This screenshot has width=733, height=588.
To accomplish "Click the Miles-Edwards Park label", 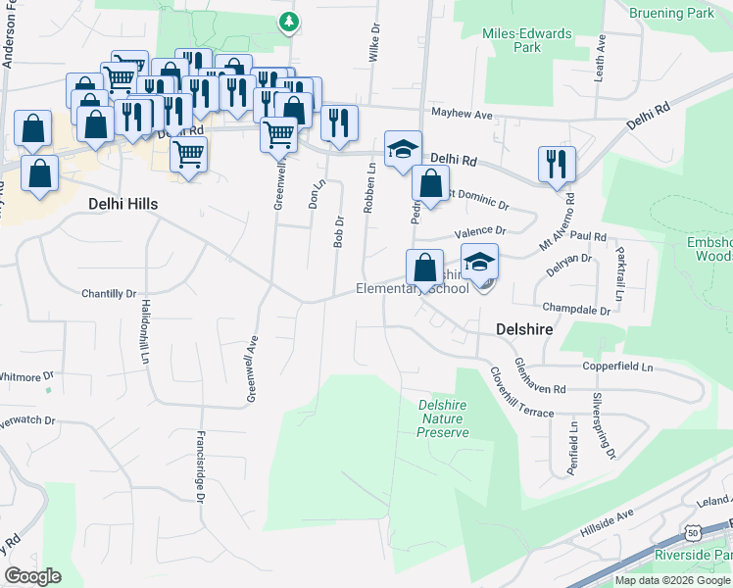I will [x=526, y=40].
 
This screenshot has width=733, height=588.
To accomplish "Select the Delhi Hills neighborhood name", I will [x=122, y=204].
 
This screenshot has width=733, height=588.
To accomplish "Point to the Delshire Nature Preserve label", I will [x=442, y=418].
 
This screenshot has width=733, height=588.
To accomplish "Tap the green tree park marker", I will [x=287, y=21].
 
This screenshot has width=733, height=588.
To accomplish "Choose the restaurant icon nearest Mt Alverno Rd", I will [x=557, y=164].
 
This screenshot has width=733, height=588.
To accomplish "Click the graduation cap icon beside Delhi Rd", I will [x=402, y=150].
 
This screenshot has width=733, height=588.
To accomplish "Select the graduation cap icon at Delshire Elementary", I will [x=479, y=263].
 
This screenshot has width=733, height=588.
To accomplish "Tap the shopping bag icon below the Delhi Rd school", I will [x=430, y=183].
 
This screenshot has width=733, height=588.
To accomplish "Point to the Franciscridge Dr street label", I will [x=200, y=466].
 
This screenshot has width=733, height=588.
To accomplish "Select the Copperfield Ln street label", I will [x=617, y=366].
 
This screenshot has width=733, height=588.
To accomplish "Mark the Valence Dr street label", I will [x=480, y=232].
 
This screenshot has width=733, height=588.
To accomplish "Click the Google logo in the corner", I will [x=32, y=575].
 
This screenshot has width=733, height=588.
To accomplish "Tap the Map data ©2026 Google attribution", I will [x=671, y=580].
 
